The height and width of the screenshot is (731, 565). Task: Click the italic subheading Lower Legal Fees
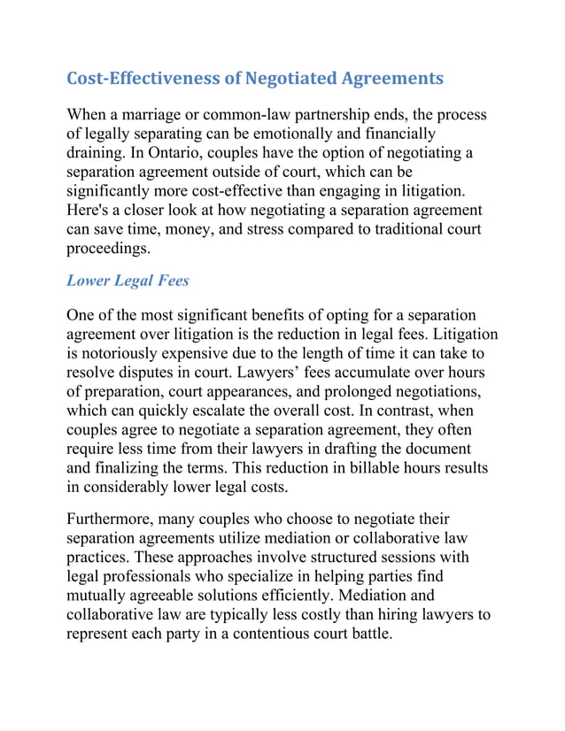[x=128, y=281]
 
